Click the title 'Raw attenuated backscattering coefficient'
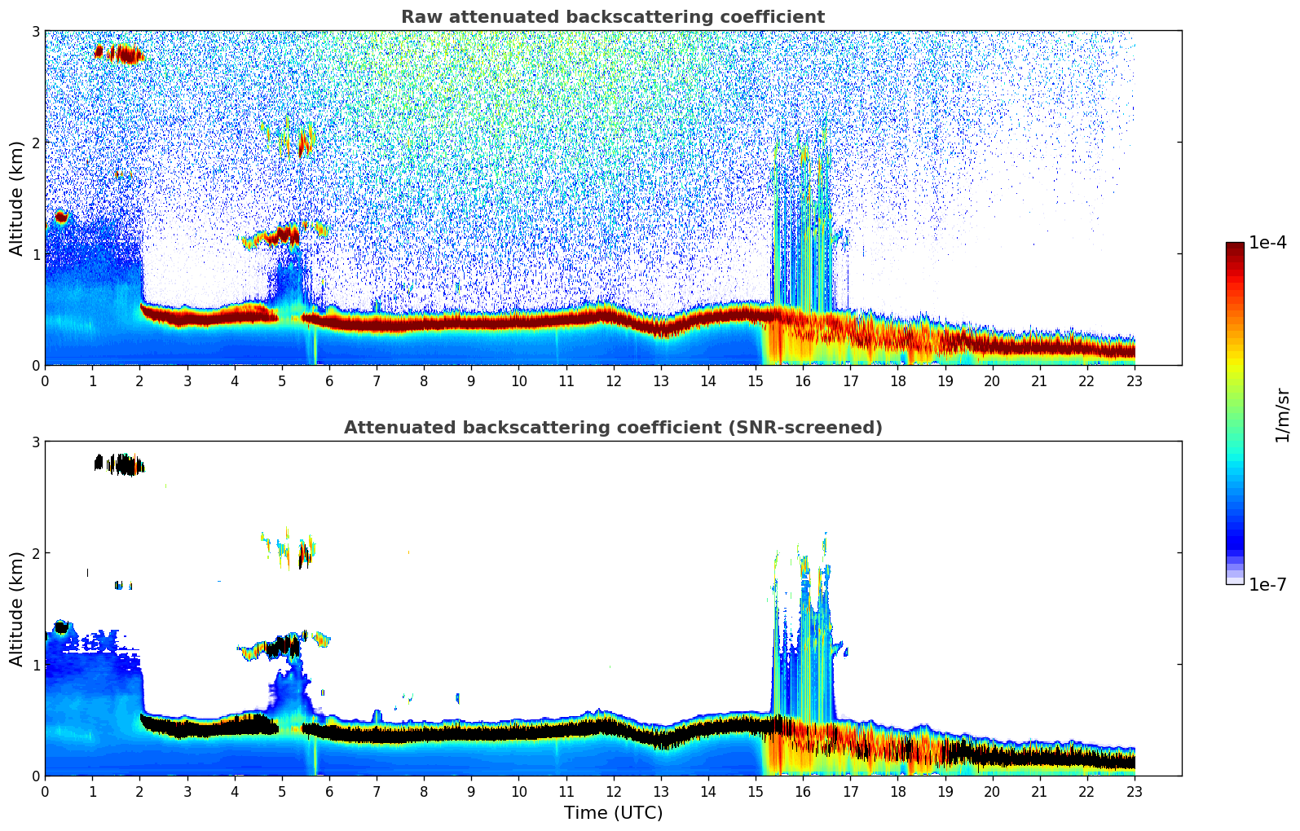[612, 17]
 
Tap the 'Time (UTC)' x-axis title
[613, 812]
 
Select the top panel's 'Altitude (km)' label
[16, 198]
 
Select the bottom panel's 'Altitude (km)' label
[16, 609]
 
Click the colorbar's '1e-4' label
[1267, 243]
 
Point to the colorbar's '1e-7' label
[1267, 584]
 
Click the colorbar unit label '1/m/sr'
[1282, 415]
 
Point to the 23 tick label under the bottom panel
[1135, 792]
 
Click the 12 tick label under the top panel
[613, 381]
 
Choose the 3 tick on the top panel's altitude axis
[35, 31]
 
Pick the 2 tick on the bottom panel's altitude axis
[35, 553]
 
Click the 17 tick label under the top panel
[850, 381]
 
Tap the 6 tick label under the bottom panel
[329, 792]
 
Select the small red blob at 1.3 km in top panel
[60, 218]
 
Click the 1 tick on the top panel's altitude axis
[35, 254]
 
